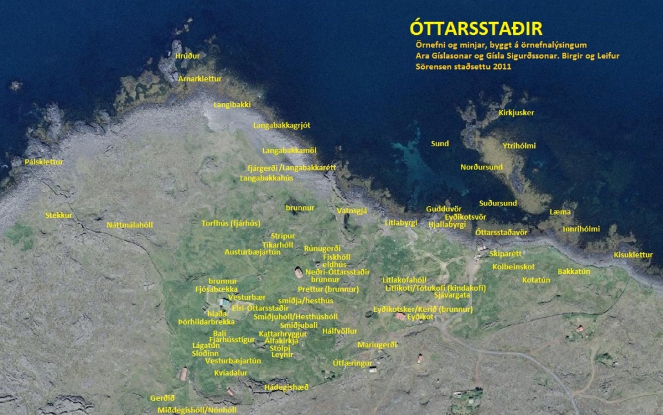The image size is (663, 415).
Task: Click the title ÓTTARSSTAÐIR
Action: [476, 29]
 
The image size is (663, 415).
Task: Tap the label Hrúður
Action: [187, 56]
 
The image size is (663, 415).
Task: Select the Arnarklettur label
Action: [200, 79]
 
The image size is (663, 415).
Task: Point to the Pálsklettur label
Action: [44, 162]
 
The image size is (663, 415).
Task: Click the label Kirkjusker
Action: [516, 113]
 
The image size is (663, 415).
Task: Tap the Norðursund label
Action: [481, 168]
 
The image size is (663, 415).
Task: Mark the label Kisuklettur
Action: [633, 255]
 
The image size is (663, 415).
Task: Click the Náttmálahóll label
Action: [129, 225]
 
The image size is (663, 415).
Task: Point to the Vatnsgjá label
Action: [352, 211]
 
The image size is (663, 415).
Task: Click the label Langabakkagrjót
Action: [282, 126]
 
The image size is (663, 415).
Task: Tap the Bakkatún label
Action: [574, 271]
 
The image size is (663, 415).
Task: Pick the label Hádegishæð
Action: [286, 387]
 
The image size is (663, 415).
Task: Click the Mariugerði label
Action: [377, 345]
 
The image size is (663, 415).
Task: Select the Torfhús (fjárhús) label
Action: [231, 223]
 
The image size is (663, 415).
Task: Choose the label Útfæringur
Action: [353, 363]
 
